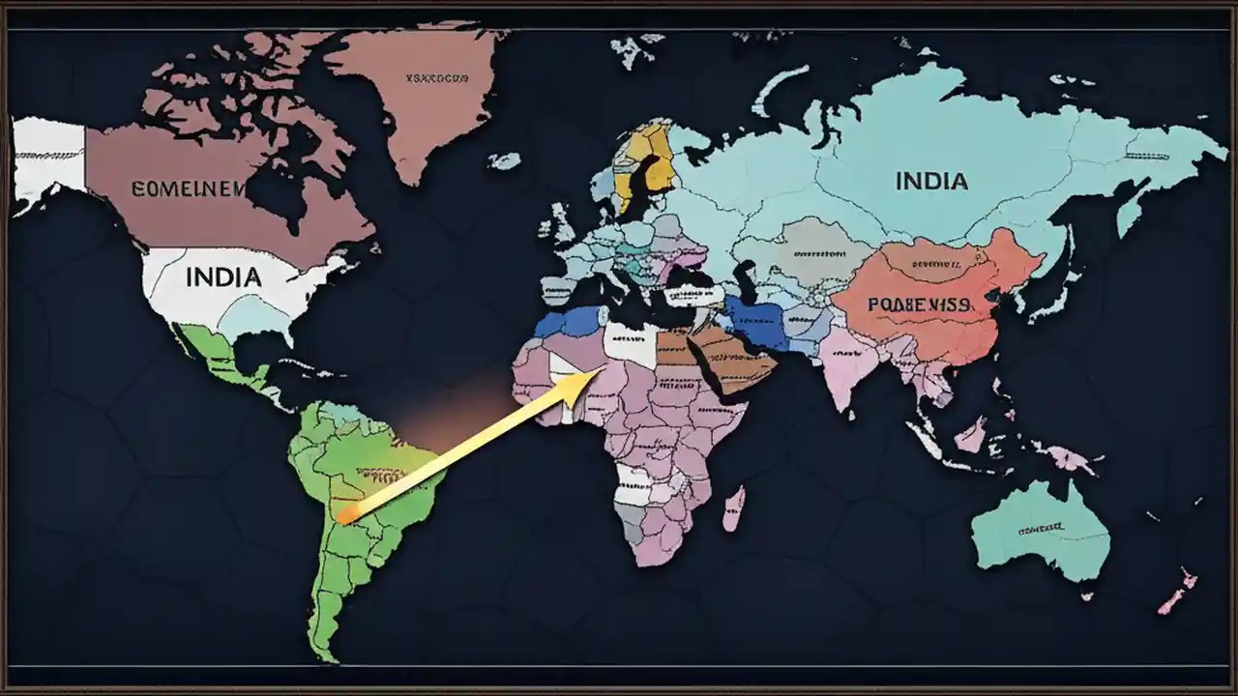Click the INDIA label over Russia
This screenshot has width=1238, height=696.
click(x=931, y=181)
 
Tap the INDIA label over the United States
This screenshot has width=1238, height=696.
click(x=222, y=277)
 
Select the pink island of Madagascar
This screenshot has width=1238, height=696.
click(x=734, y=507)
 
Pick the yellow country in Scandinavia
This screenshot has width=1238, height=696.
click(x=651, y=160)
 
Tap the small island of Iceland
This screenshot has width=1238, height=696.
click(x=504, y=160)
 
